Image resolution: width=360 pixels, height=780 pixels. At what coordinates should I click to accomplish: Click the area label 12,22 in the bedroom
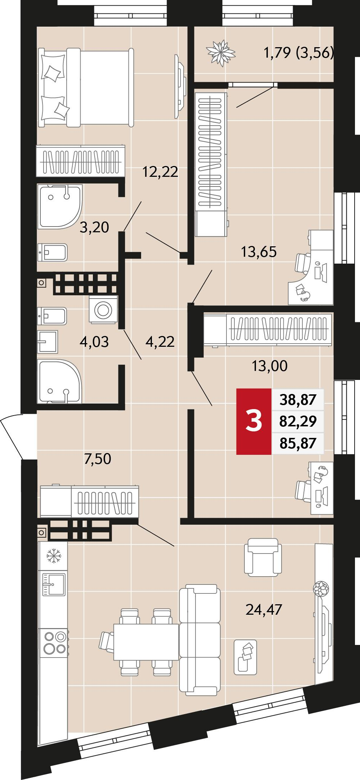pos(160,172)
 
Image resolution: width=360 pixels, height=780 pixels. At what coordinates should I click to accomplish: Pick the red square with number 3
pos(254,421)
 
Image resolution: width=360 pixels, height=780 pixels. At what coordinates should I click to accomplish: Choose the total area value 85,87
pos(298,443)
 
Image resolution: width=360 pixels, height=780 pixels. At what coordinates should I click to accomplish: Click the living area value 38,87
pos(298,399)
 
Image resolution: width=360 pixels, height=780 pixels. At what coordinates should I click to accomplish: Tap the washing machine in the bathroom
pos(104,309)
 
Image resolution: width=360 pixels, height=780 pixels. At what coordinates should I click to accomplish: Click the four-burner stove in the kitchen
pos(55,643)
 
